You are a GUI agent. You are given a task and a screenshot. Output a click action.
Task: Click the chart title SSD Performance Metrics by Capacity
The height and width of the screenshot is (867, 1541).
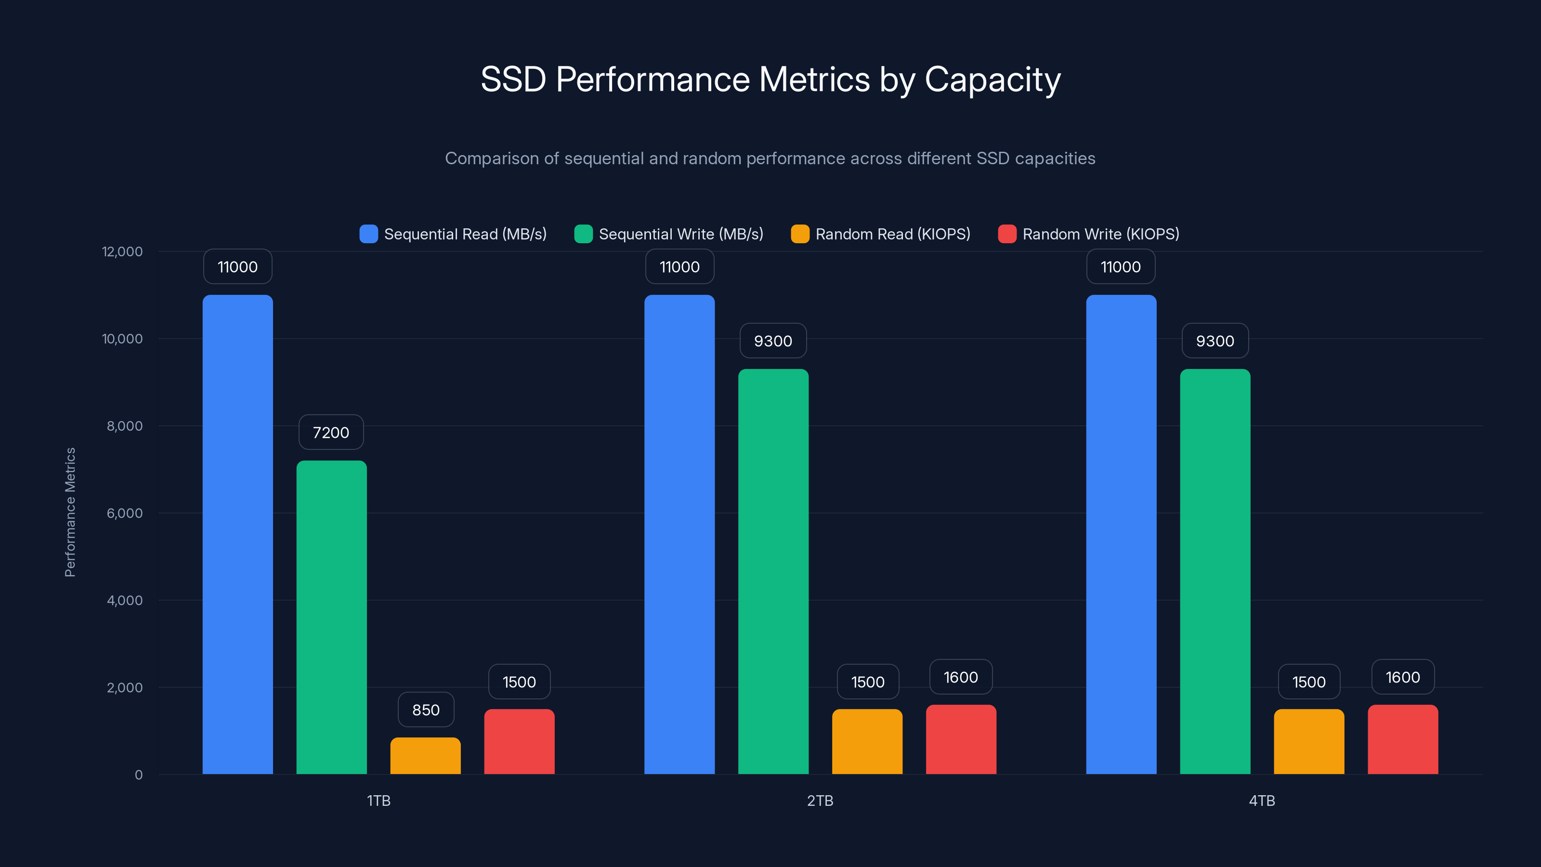tap(770, 79)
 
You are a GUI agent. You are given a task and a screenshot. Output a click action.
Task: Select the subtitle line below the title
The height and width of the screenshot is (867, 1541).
tap(770, 158)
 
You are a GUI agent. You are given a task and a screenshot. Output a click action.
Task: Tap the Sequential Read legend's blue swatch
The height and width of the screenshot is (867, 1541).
tap(368, 234)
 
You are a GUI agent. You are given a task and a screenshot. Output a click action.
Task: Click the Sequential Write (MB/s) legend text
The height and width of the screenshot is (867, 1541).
tap(681, 234)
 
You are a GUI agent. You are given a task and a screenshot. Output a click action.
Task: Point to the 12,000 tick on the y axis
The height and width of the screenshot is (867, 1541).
tap(123, 251)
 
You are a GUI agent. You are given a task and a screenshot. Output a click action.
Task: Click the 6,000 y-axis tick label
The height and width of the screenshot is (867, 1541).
tap(124, 513)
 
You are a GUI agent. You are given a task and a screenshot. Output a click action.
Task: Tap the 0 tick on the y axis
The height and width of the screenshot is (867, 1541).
tap(139, 775)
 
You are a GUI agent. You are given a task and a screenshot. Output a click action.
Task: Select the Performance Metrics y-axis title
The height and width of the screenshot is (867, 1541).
tap(70, 512)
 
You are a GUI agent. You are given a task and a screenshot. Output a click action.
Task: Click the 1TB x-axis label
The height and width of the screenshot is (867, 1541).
tap(378, 801)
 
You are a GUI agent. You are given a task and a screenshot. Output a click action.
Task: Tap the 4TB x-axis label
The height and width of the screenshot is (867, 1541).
tap(1262, 801)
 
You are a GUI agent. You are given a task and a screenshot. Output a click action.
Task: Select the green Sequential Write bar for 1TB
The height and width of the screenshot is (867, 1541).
tap(331, 617)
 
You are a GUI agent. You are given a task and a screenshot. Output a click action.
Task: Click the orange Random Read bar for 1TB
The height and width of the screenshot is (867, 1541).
tap(425, 755)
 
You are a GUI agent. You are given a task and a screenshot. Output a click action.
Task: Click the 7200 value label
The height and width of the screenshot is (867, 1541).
tap(331, 432)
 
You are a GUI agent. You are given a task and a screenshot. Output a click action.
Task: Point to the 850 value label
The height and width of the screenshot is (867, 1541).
tap(426, 709)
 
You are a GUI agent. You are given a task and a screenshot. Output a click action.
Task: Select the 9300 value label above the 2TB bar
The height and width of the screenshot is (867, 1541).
tap(773, 341)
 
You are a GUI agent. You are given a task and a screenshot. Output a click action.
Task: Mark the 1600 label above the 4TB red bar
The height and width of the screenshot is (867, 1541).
tap(1402, 677)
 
